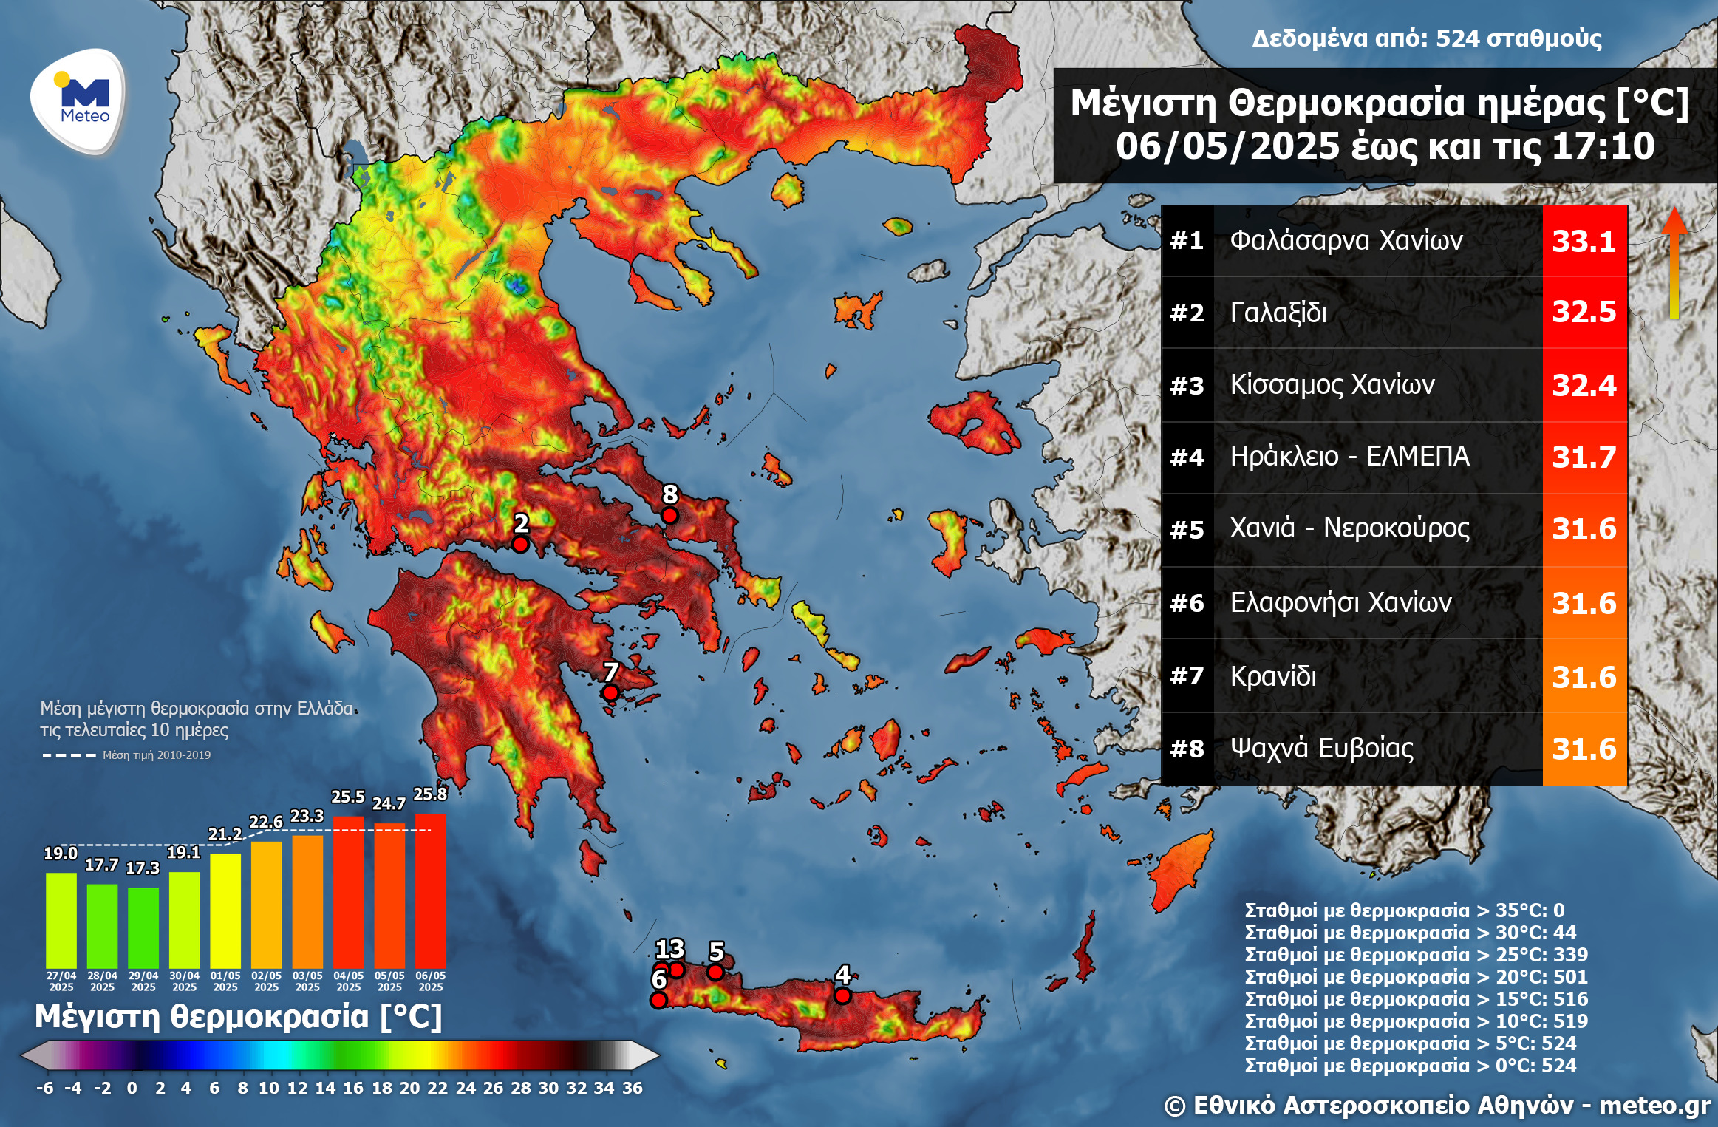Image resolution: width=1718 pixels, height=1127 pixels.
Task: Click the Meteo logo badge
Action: click(x=78, y=101)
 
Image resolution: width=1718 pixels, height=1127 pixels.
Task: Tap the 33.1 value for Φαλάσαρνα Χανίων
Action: click(x=1584, y=241)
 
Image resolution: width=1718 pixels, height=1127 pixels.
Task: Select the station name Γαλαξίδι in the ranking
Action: click(x=1278, y=313)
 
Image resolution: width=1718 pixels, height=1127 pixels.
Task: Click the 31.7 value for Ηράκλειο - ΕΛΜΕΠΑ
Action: click(x=1584, y=457)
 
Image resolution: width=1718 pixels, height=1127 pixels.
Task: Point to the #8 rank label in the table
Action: click(x=1187, y=749)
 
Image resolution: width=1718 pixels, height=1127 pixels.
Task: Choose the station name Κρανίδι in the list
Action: click(x=1272, y=676)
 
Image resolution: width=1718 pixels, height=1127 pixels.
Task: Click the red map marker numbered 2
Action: click(x=520, y=545)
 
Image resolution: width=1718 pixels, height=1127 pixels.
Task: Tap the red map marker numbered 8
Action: click(x=669, y=515)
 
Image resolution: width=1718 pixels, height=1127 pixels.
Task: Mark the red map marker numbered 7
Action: click(x=610, y=693)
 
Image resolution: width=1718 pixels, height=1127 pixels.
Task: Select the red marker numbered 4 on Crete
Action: click(x=842, y=995)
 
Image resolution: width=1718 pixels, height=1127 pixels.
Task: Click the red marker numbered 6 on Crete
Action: click(x=658, y=1000)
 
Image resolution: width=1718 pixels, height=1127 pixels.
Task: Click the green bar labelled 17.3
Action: click(x=143, y=927)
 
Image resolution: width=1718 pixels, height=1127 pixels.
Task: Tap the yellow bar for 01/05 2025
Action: click(x=225, y=910)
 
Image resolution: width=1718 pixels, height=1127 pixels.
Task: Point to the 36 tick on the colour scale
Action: click(x=632, y=1088)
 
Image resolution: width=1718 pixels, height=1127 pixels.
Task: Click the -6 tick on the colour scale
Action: click(x=44, y=1088)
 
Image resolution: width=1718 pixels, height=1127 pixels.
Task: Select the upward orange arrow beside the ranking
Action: click(x=1674, y=262)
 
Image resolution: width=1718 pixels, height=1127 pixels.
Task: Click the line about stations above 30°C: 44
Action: click(x=1410, y=933)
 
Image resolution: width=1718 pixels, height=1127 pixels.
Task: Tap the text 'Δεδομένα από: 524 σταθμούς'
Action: click(x=1426, y=38)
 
